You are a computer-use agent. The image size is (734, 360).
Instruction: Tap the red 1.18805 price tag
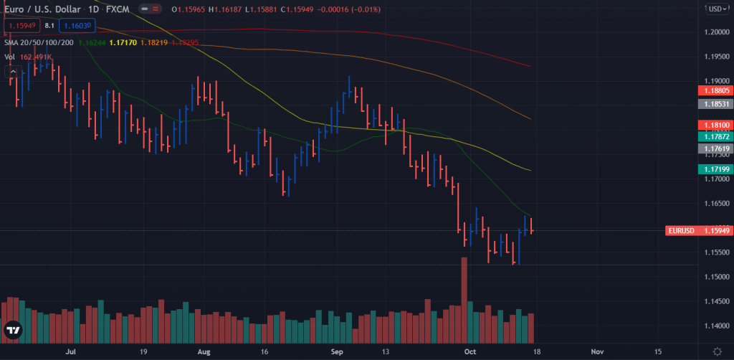(x=714, y=91)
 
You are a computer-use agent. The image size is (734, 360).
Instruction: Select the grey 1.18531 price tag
(x=714, y=104)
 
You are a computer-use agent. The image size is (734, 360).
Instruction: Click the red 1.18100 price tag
(x=714, y=125)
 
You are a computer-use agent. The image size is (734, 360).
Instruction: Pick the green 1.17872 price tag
(x=714, y=136)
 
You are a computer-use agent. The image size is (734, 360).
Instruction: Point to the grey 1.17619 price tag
(x=714, y=148)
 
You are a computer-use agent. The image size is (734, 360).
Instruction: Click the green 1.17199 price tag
(x=714, y=169)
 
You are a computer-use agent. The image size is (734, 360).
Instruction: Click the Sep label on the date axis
(x=338, y=352)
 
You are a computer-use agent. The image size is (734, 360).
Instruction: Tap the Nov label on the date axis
(x=596, y=352)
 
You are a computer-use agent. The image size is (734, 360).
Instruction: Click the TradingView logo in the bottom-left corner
(x=13, y=331)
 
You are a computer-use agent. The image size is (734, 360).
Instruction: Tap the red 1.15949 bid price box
(x=22, y=26)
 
